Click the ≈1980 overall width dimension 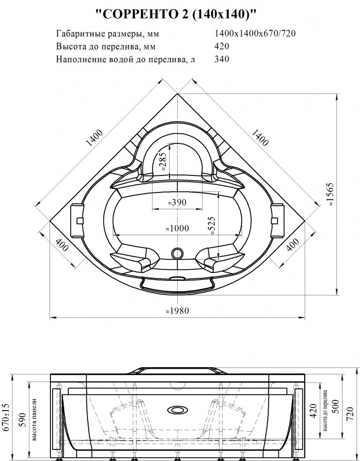(x=177, y=311)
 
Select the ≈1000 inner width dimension (x=177, y=229)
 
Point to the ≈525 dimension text (x=212, y=226)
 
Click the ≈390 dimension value (x=176, y=203)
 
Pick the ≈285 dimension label (x=163, y=161)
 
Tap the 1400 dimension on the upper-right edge (x=260, y=137)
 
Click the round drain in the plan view (x=177, y=254)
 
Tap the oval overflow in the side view (x=177, y=409)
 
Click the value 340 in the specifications (x=222, y=59)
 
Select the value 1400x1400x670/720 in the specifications (x=255, y=34)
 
